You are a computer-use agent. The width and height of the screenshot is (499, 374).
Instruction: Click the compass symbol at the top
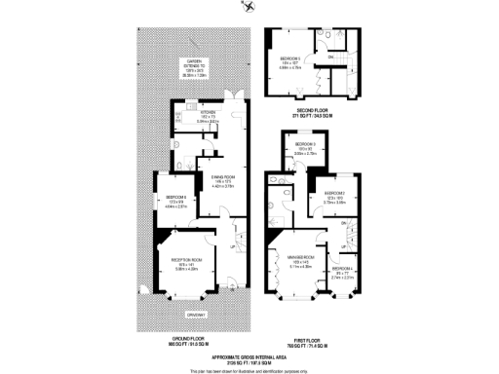250,8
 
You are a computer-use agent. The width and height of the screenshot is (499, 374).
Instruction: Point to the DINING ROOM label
223,176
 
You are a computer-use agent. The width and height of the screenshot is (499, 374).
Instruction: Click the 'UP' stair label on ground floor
231,246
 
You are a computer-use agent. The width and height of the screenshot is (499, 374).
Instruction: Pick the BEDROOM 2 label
336,194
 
